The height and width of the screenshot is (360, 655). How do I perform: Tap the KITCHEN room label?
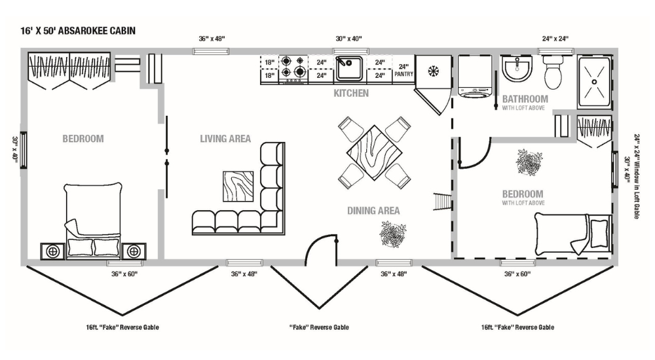351,94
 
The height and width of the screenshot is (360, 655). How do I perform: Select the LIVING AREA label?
225,139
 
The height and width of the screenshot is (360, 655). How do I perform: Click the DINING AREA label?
373,211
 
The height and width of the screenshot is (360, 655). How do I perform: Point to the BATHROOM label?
525,99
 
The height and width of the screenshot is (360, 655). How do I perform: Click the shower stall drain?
595,82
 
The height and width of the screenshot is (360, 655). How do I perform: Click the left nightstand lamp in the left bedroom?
52,251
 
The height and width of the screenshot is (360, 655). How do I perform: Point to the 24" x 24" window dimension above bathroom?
555,39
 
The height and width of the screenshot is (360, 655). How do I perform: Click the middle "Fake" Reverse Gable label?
319,327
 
